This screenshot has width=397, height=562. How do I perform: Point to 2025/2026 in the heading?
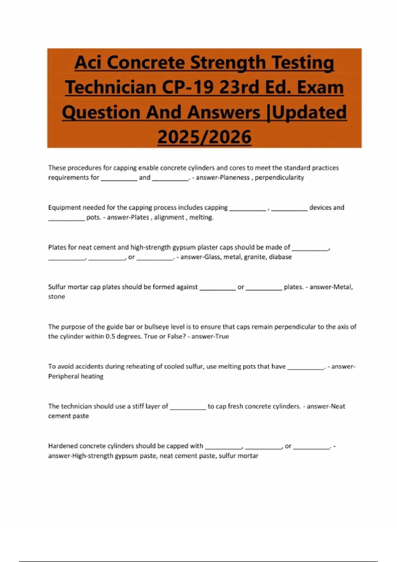[x=204, y=137]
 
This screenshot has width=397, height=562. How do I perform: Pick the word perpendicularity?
[x=280, y=178]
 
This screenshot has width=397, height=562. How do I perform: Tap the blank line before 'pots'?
[x=66, y=219]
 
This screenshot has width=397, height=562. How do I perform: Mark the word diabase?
[x=280, y=257]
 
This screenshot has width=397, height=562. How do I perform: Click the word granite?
[x=255, y=257]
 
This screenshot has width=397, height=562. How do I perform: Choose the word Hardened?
[x=63, y=446]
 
